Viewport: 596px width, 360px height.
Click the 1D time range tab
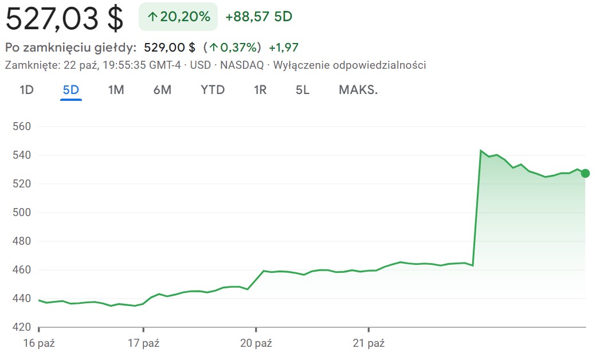coord(26,90)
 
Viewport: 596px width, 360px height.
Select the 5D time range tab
coord(71,90)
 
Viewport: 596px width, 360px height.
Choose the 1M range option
coord(116,90)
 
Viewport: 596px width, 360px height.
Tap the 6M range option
coord(162,90)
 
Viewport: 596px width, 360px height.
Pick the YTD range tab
coord(213,90)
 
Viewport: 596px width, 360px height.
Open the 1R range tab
coord(260,90)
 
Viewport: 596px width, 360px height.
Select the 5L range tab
coord(303,90)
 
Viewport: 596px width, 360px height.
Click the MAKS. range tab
coord(358,90)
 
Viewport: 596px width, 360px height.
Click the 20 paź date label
coord(256,344)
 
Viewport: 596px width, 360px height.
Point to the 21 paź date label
coord(368,344)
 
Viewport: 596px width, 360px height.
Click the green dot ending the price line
coord(585,174)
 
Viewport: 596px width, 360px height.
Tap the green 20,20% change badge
coord(178,17)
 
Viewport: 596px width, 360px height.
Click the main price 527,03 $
coord(64,18)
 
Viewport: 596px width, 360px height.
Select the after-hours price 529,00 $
coord(170,48)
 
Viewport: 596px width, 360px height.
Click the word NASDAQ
coord(242,65)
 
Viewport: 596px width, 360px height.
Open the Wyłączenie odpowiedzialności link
coord(350,65)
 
